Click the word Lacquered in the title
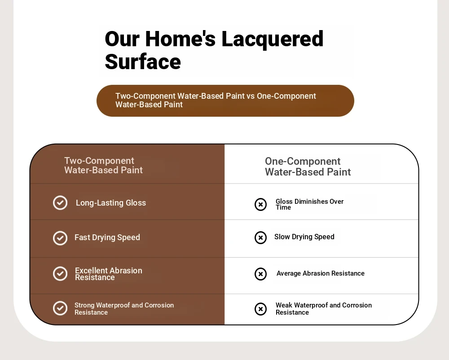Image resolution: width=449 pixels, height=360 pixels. click(x=273, y=39)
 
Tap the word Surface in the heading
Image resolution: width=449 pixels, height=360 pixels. click(x=143, y=61)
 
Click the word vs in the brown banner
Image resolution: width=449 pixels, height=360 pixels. click(x=250, y=96)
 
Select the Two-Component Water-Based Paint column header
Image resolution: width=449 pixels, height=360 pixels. click(x=103, y=165)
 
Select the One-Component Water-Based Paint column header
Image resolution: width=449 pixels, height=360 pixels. click(x=308, y=167)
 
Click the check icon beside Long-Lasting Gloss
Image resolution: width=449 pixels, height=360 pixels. click(x=60, y=203)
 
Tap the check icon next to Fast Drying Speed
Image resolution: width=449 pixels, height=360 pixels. click(x=60, y=238)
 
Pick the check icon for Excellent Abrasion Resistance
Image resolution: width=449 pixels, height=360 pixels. click(x=60, y=273)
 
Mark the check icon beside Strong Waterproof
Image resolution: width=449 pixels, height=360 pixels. click(x=60, y=308)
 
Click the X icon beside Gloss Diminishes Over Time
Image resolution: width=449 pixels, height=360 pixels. click(x=260, y=204)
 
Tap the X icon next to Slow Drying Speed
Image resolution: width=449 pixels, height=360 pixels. click(x=260, y=237)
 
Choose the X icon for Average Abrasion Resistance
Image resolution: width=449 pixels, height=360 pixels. click(x=260, y=274)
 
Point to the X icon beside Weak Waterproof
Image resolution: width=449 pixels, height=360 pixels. click(x=260, y=309)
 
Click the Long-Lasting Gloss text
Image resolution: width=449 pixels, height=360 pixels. click(x=111, y=203)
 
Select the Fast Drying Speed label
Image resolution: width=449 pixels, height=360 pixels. click(x=107, y=237)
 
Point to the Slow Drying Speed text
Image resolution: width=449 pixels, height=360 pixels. click(x=304, y=237)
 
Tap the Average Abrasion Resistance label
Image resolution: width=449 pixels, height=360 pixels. click(x=321, y=273)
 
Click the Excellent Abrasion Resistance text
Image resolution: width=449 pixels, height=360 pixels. click(x=109, y=274)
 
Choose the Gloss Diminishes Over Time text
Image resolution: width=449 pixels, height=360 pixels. click(x=309, y=204)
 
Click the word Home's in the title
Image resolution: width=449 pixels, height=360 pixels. click(x=180, y=39)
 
